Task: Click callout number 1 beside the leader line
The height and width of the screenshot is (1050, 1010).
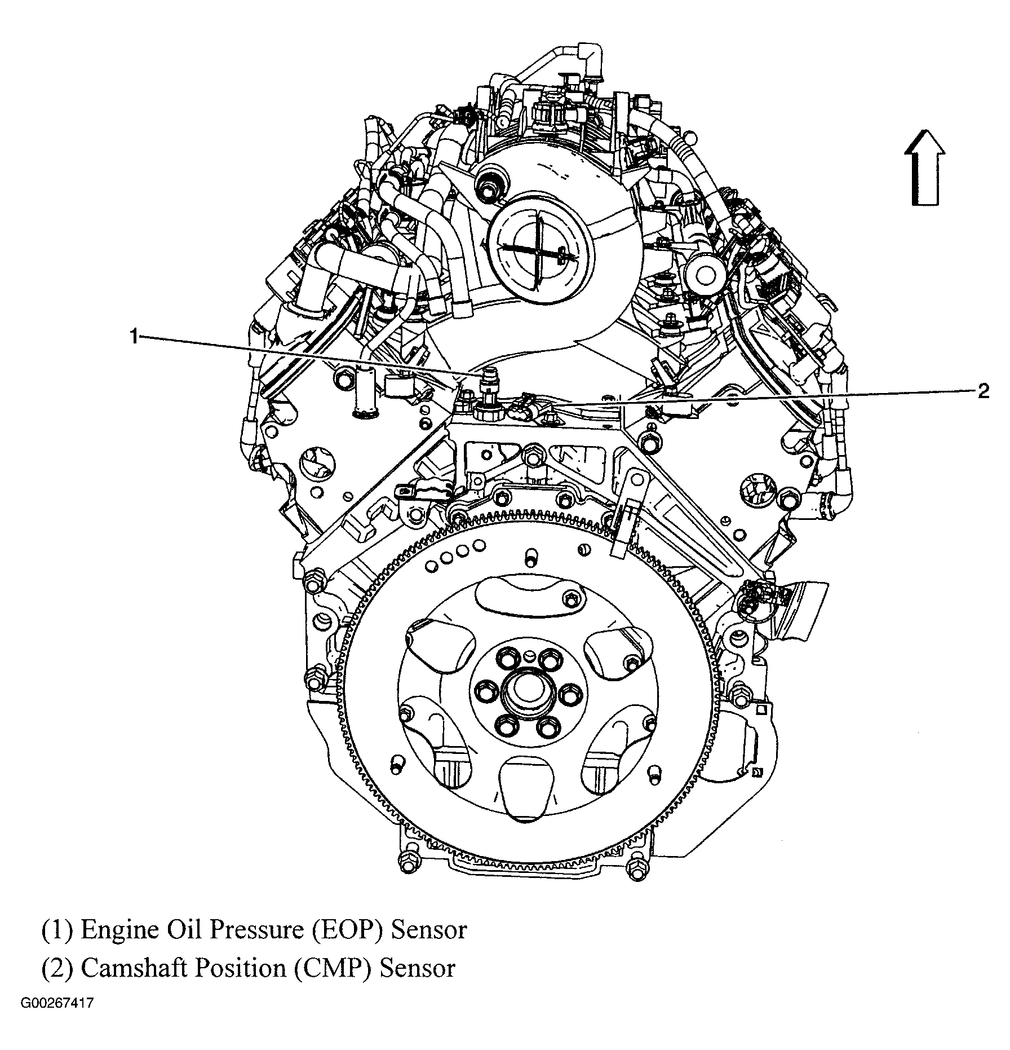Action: [134, 337]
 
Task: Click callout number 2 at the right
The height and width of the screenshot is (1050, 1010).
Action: [983, 391]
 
